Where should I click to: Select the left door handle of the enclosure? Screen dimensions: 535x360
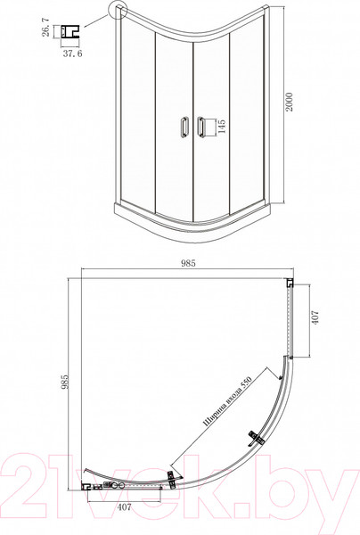coord(184,127)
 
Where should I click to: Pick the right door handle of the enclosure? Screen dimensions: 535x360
coord(200,127)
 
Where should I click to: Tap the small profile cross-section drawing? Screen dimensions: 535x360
coord(70,33)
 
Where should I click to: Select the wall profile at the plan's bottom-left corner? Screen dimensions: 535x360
coord(88,486)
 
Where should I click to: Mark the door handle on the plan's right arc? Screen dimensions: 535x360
coord(258,438)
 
